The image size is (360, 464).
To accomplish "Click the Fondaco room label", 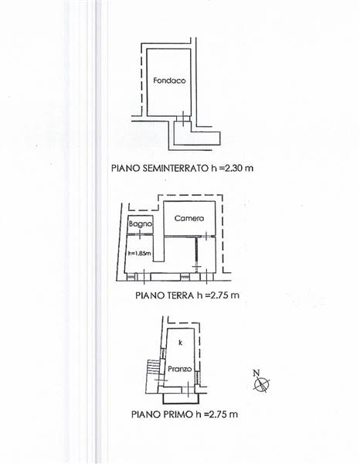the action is (x=169, y=80).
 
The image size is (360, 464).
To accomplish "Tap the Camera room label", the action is (x=189, y=218).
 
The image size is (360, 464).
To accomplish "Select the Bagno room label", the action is (x=141, y=224).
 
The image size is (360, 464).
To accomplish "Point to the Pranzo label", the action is (x=180, y=369).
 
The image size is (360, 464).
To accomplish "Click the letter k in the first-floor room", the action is (x=181, y=343).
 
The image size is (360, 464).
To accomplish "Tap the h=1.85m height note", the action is (x=140, y=254).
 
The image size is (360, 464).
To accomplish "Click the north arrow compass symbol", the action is (x=262, y=384).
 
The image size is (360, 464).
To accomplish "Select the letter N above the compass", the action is (x=256, y=373).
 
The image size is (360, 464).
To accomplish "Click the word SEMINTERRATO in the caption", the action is (x=175, y=168).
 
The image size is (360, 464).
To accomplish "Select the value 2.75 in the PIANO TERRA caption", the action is (x=220, y=295).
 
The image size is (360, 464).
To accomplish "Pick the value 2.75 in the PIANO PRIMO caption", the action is (x=218, y=414).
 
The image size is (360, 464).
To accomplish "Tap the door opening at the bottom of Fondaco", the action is (x=183, y=118).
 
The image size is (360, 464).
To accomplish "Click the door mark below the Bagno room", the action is (x=140, y=234).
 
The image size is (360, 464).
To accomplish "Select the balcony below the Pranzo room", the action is (x=182, y=398).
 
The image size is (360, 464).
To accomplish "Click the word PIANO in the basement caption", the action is (x=126, y=168).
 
